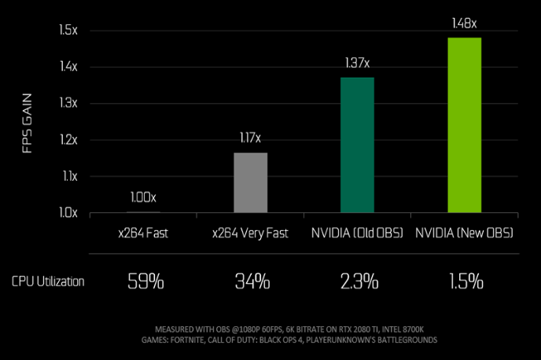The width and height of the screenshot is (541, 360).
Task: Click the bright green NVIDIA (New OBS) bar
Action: tap(464, 125)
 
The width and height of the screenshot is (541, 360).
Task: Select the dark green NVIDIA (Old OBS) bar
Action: tap(357, 145)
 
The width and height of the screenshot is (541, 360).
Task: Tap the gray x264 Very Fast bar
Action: tap(250, 182)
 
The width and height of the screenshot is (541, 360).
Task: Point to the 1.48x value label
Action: tap(464, 24)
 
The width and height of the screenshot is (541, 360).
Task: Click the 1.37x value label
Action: tap(357, 63)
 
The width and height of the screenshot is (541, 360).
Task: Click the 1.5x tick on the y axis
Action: tap(68, 31)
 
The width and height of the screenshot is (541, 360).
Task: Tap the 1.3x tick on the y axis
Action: tap(68, 104)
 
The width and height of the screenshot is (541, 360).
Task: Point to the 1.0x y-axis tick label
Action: tap(68, 212)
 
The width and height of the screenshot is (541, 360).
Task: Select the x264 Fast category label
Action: tap(143, 233)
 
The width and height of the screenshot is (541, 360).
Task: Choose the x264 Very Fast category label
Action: tap(250, 233)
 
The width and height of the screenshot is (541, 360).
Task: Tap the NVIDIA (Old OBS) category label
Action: tap(357, 233)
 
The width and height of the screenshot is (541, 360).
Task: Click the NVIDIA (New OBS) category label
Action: tap(464, 233)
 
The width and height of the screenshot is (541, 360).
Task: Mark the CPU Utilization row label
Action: tap(48, 281)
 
